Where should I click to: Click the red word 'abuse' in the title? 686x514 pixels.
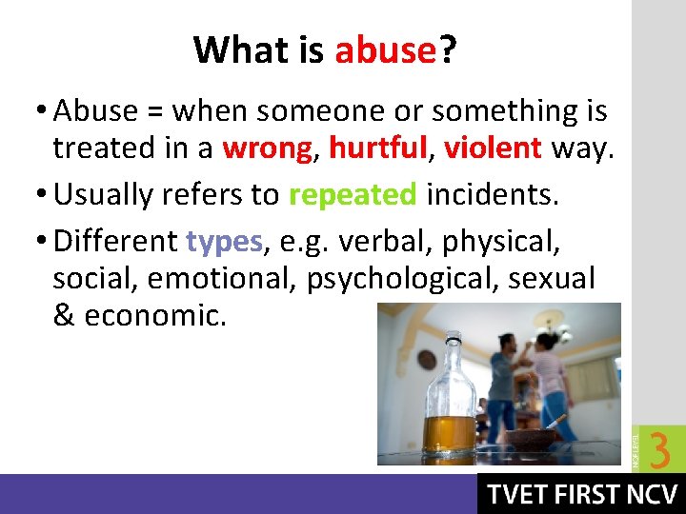(x=385, y=49)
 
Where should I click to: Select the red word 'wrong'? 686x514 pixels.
(x=267, y=148)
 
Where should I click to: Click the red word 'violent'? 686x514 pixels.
(x=492, y=148)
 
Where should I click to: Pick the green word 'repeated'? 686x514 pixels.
(x=353, y=194)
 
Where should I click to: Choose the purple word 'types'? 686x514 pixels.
(x=224, y=241)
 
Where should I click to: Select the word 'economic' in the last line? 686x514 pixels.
(x=155, y=316)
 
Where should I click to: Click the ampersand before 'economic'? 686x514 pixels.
(x=64, y=316)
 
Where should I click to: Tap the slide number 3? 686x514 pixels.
(x=659, y=450)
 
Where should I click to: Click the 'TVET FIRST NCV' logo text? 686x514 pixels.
(x=581, y=495)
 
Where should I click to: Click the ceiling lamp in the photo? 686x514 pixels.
(x=552, y=327)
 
